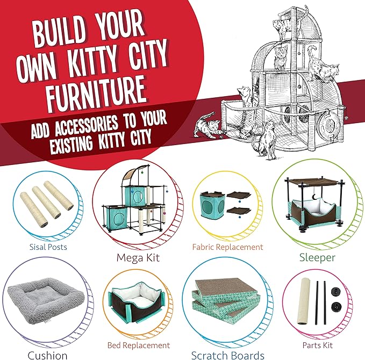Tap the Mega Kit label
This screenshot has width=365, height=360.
coord(138,257)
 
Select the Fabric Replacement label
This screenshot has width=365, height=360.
coord(228,247)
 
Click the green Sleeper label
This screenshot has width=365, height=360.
coord(317,257)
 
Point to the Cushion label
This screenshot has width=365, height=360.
coord(33,355)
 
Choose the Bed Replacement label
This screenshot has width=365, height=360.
coord(138,345)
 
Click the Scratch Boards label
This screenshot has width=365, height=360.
coord(228,355)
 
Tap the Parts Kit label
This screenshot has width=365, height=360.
coord(317,345)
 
